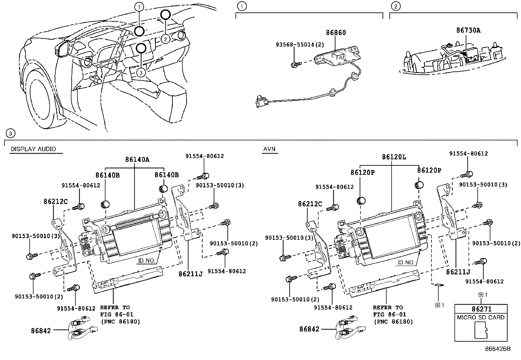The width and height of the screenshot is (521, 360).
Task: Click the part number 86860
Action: (x=335, y=33)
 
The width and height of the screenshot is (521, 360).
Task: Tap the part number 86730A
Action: (x=468, y=30)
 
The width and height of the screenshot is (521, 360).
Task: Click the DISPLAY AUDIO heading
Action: (x=33, y=149)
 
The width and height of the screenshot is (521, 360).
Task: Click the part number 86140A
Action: (x=137, y=160)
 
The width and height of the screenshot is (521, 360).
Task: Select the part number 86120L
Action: (x=394, y=157)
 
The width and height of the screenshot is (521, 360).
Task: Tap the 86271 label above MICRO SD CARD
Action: (x=481, y=309)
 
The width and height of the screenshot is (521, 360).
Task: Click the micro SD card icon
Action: (x=480, y=330)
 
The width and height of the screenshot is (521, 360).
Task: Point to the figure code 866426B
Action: (x=497, y=349)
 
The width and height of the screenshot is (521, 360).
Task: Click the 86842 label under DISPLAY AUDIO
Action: (x=41, y=331)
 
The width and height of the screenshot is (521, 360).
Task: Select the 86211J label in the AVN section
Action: (x=458, y=272)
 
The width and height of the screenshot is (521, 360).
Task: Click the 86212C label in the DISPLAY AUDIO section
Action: (x=55, y=201)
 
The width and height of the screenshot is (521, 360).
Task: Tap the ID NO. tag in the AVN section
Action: (x=406, y=262)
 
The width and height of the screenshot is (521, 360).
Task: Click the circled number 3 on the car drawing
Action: (x=140, y=73)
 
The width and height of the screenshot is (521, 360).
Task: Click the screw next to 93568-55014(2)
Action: (x=295, y=65)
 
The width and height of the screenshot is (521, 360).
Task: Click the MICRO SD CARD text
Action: (x=481, y=317)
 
